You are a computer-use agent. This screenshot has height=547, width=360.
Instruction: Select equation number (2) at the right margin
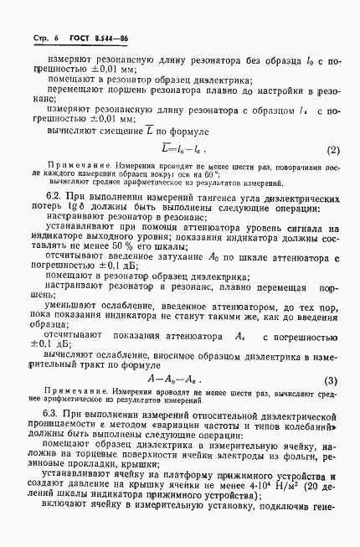coord(309,151)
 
